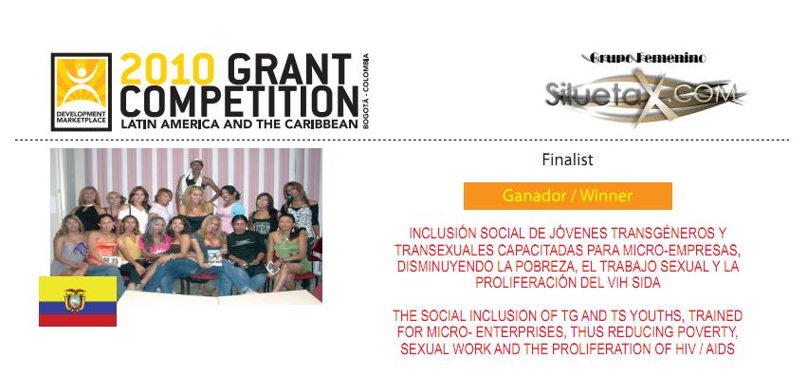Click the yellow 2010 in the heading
[167, 69]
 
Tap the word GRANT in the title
[290, 69]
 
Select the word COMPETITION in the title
[239, 102]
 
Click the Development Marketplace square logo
[82, 92]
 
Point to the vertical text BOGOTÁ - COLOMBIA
[366, 91]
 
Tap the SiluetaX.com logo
[646, 95]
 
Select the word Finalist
[567, 160]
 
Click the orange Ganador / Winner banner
[568, 196]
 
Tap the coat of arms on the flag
[75, 299]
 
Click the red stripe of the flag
[78, 320]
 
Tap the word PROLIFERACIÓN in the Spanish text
[523, 284]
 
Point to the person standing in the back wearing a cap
[193, 181]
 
